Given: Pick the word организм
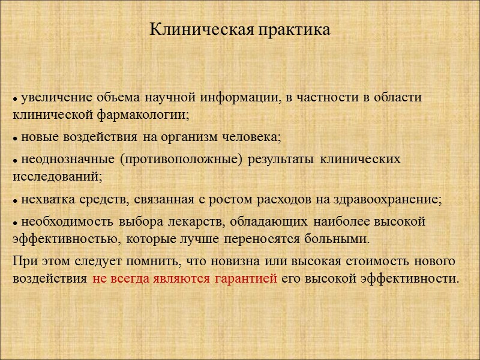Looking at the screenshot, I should pyautogui.click(x=172, y=137).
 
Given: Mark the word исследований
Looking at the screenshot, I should pyautogui.click(x=57, y=176).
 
